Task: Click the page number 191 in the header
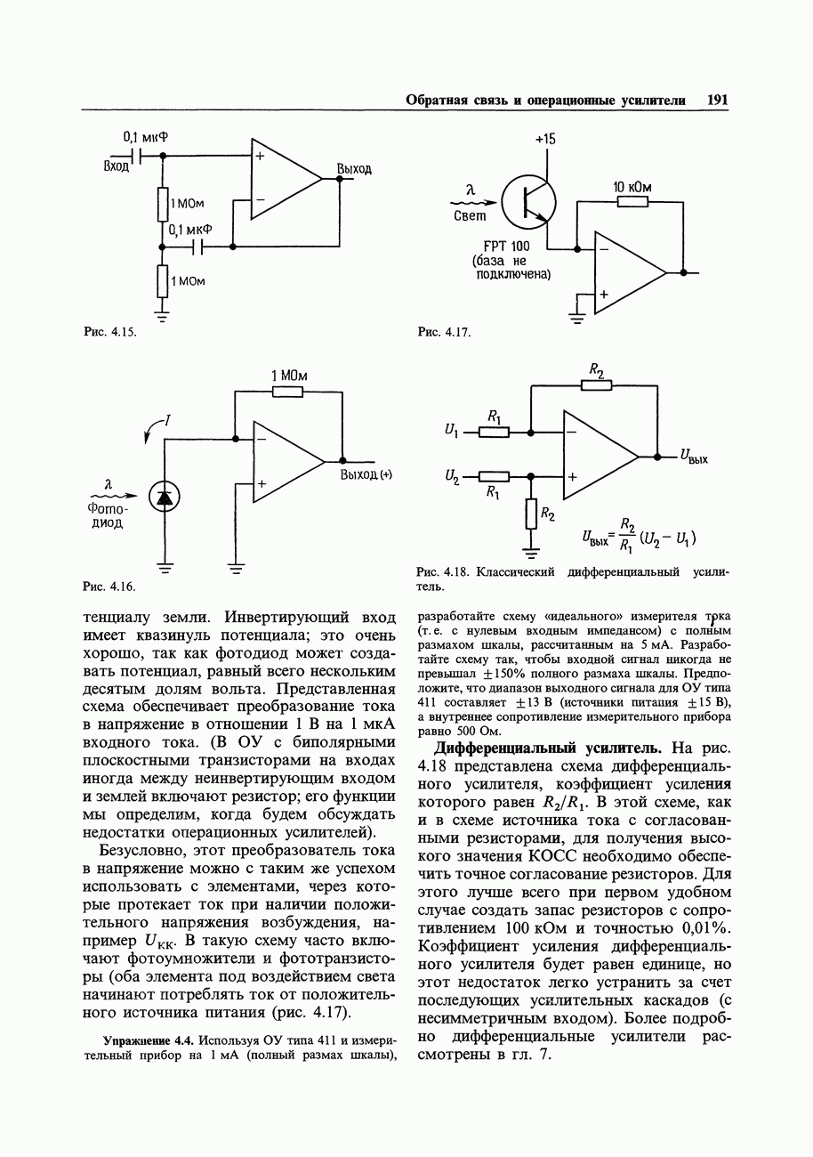717,100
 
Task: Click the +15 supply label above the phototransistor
545,140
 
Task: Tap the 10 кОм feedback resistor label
632,187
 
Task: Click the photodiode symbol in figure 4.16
164,497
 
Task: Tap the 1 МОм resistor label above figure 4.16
289,376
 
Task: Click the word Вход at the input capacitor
117,166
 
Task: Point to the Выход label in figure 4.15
354,169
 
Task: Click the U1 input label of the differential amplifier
450,432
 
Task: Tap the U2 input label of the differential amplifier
451,478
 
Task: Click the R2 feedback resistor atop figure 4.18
596,384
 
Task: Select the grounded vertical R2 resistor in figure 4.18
531,514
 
